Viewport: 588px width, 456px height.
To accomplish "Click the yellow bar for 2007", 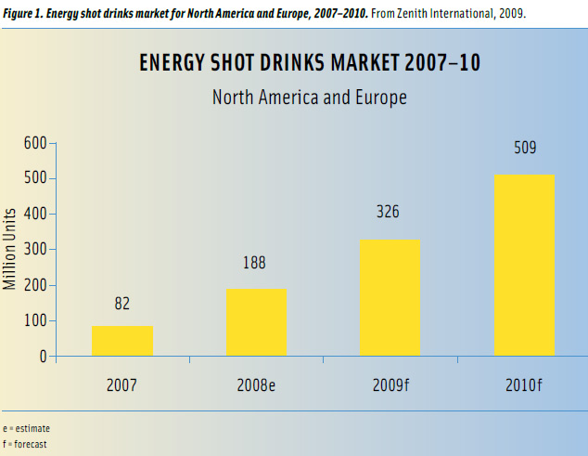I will tap(122, 341).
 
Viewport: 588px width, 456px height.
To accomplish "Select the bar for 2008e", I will tap(256, 322).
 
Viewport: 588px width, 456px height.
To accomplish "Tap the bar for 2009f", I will tap(390, 297).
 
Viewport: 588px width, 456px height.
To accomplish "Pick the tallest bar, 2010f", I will tap(524, 265).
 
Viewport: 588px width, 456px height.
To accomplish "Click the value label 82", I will tap(121, 305).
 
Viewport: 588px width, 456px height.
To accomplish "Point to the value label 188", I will tap(255, 263).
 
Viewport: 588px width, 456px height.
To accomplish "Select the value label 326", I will tap(388, 212).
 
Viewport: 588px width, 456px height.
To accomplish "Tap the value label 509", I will tap(525, 147).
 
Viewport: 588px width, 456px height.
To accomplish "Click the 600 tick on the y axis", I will tap(35, 143).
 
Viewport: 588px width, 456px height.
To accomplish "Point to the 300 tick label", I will tap(35, 250).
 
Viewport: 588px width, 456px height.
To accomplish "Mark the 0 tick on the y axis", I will tap(43, 357).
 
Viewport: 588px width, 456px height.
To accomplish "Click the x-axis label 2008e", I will tap(255, 384).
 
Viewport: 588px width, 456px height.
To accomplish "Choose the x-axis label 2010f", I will tap(524, 384).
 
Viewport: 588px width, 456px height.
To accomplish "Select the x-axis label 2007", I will tap(121, 384).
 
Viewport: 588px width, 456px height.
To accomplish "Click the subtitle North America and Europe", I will tap(309, 97).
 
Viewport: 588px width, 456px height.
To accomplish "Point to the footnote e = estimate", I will tap(27, 428).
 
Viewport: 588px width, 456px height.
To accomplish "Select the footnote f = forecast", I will tap(26, 444).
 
